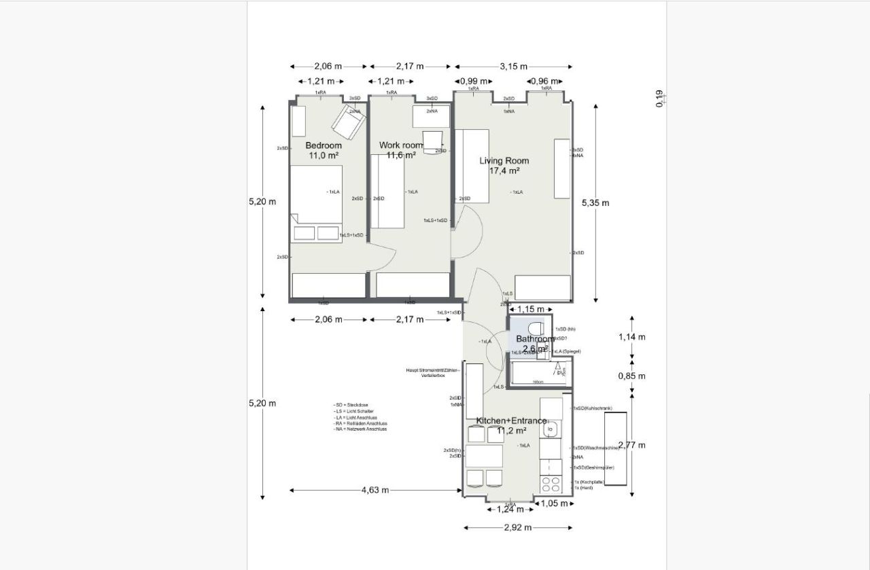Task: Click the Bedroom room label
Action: pyautogui.click(x=324, y=145)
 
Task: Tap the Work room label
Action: pyautogui.click(x=401, y=145)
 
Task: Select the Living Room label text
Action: pyautogui.click(x=504, y=161)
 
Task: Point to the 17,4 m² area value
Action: pyautogui.click(x=504, y=171)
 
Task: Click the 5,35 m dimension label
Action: pyautogui.click(x=595, y=202)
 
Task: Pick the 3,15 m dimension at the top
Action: pyautogui.click(x=513, y=67)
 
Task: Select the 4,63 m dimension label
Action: pyautogui.click(x=375, y=490)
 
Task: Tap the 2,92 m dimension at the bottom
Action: pyautogui.click(x=518, y=527)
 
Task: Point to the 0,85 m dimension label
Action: pyautogui.click(x=631, y=376)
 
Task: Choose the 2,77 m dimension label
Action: pyautogui.click(x=631, y=445)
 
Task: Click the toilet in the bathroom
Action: pyautogui.click(x=536, y=327)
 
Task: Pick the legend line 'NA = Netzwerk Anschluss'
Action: pyautogui.click(x=360, y=429)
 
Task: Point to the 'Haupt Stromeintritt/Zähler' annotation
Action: pyautogui.click(x=433, y=370)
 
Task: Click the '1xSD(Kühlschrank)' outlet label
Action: pyautogui.click(x=592, y=408)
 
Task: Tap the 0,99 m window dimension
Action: pyautogui.click(x=474, y=81)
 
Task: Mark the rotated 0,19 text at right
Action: pyautogui.click(x=659, y=99)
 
